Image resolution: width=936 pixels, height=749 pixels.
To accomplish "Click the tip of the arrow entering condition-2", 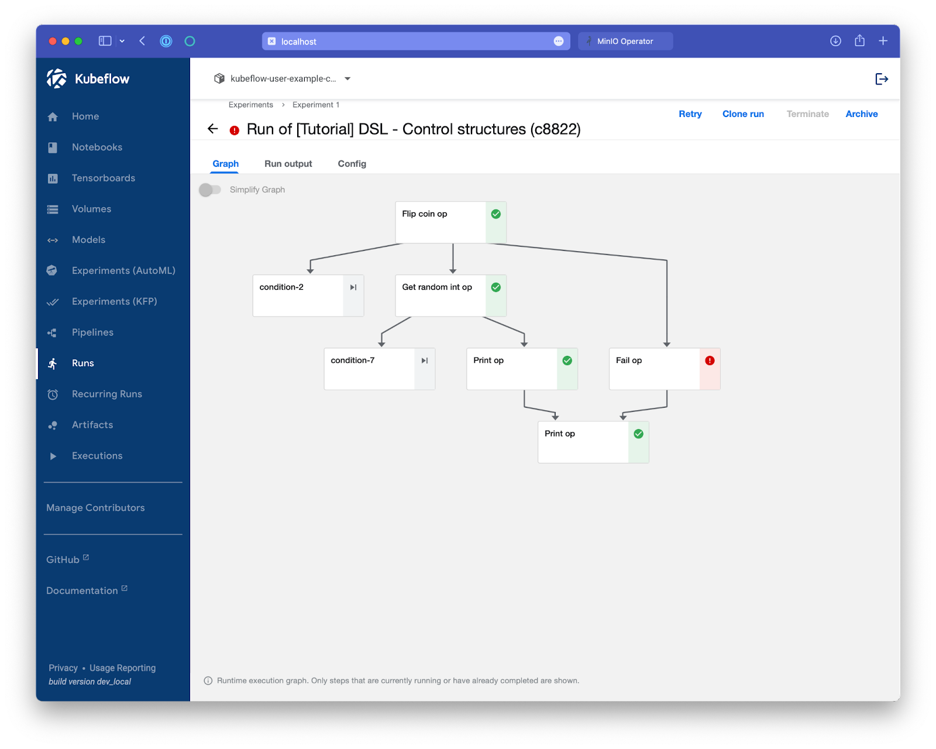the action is (x=309, y=274).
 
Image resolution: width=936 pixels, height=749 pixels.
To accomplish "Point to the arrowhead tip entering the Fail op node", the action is (x=666, y=347).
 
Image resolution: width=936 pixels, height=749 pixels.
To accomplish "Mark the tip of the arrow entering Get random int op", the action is (x=452, y=274).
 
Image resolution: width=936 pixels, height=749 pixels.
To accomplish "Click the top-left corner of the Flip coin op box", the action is (x=395, y=201).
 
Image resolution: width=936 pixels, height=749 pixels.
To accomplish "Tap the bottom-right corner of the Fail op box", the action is (x=720, y=390).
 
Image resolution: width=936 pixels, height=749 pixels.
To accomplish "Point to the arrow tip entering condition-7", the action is (x=381, y=347).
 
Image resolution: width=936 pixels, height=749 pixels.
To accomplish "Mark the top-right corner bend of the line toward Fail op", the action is (x=666, y=260).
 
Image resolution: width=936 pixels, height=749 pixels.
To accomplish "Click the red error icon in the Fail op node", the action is (x=710, y=360).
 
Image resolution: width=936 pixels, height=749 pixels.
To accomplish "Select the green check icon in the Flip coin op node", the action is (x=495, y=214).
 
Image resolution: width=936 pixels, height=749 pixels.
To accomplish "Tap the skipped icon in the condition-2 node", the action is (x=353, y=287).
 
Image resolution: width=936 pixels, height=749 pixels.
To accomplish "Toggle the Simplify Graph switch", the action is (x=210, y=190).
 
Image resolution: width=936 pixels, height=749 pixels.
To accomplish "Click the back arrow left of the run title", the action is (x=212, y=129).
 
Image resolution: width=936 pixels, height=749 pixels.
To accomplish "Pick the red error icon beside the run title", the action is (x=234, y=130).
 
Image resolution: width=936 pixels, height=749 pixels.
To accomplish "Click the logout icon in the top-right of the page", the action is (x=881, y=79).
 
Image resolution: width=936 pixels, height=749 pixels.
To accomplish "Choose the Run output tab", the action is (x=288, y=164).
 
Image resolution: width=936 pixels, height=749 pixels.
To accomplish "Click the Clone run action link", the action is (x=743, y=114).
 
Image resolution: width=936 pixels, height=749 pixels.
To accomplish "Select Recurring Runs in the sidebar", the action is (x=107, y=394).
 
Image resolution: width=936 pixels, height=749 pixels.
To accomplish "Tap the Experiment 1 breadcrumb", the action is (x=316, y=105).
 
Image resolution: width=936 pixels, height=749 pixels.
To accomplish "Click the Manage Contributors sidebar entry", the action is (x=95, y=507).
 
